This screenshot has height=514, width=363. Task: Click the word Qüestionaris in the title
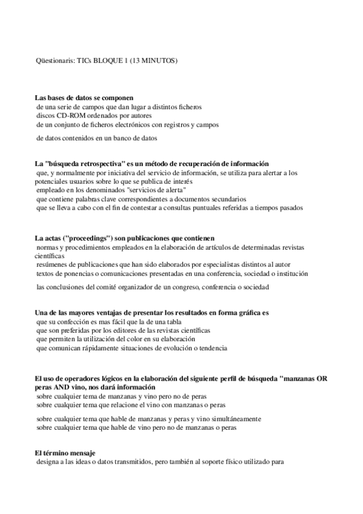(51, 61)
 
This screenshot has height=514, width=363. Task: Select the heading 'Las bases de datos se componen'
(84, 98)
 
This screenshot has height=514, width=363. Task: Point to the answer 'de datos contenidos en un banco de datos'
(97, 138)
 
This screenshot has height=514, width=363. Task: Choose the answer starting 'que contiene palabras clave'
(141, 199)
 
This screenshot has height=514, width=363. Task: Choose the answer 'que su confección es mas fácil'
(109, 322)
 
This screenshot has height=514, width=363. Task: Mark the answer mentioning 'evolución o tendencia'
(132, 349)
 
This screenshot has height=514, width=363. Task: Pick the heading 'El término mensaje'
(65, 453)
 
